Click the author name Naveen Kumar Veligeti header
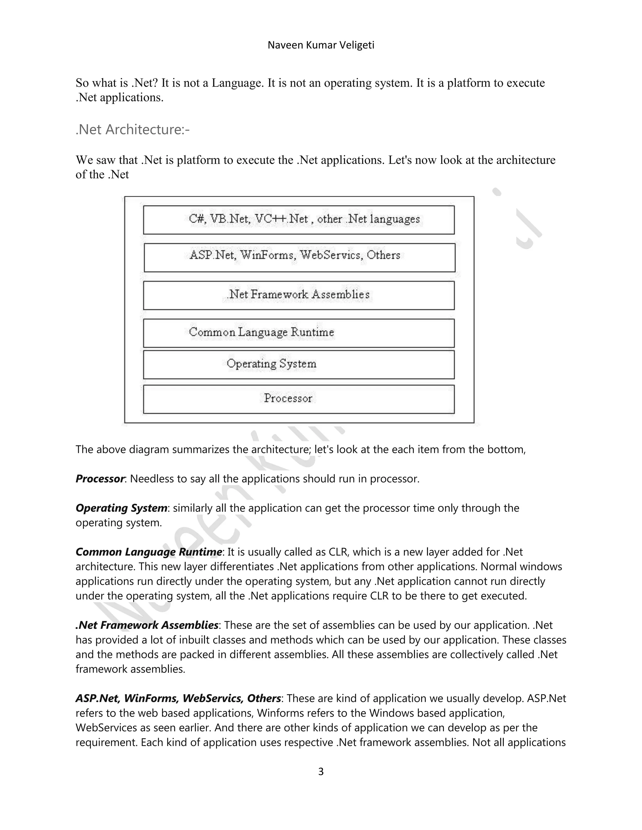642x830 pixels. pos(321,45)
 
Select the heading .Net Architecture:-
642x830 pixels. pos(132,130)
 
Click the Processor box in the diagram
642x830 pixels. pos(298,399)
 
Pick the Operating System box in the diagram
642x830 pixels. pos(298,365)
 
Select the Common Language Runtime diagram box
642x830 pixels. pos(298,333)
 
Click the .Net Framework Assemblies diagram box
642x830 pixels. pos(298,295)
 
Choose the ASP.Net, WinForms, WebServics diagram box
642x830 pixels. pos(299,257)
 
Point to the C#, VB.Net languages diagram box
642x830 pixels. pos(298,220)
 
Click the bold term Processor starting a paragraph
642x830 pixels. pos(100,479)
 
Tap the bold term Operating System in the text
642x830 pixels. pos(121,508)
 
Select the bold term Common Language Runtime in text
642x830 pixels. pos(149,552)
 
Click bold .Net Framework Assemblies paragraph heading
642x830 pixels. pos(147,625)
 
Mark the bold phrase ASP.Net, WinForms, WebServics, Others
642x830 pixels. pos(178,698)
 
